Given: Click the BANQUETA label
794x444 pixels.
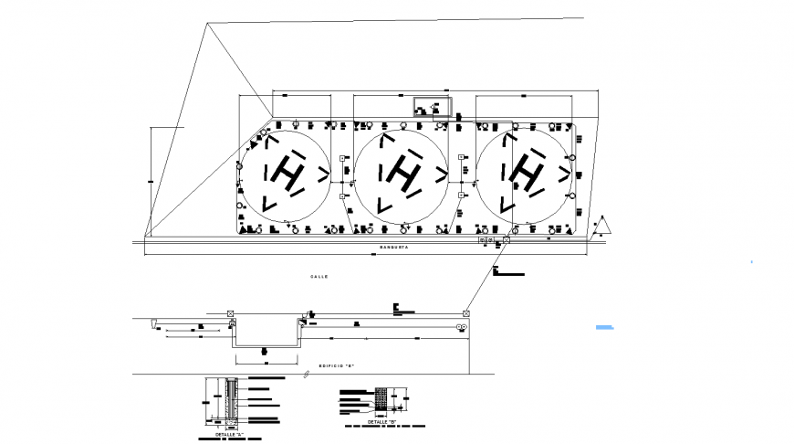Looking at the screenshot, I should pos(394,248).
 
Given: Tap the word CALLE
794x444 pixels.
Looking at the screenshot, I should pos(319,276).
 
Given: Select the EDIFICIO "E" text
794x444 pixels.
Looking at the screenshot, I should pos(336,365).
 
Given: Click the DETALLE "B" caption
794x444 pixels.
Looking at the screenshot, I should pos(381,422).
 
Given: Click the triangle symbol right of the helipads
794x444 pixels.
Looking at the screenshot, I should pos(603,225).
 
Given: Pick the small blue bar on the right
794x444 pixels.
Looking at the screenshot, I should pos(606,326).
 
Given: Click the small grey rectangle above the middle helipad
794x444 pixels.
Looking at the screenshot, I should pos(432,106).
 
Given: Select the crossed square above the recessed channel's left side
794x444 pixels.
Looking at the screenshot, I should pos(229,314).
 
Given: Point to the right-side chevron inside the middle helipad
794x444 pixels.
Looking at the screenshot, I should pos(441,171).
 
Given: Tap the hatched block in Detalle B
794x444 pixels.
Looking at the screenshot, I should pos(381,398).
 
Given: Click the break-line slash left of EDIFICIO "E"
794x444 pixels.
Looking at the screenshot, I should pos(305,375).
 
